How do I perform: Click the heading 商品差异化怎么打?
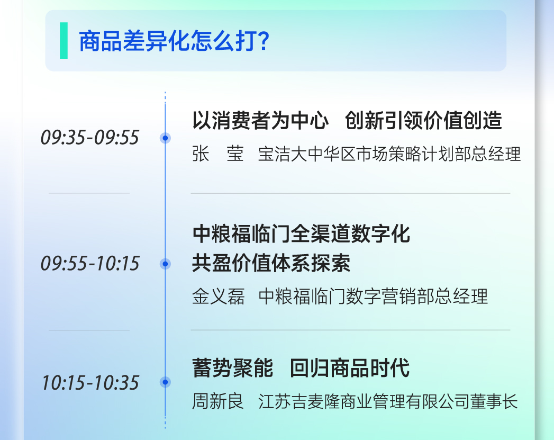point(174,41)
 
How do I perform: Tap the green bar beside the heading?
point(63,40)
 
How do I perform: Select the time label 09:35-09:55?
point(90,138)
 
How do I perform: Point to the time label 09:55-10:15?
point(90,263)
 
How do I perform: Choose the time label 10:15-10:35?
point(90,383)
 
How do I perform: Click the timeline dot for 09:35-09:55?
point(165,138)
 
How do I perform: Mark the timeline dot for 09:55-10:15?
point(165,264)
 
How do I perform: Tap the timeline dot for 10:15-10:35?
point(165,382)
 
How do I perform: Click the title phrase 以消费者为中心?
point(260,120)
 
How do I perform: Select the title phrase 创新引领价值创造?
point(423,120)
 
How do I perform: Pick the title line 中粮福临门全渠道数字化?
point(301,234)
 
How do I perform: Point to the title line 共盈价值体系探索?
point(271,263)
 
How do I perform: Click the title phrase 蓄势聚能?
point(232,368)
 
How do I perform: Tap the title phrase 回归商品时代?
point(350,368)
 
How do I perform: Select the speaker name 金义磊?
point(219,296)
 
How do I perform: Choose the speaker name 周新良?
point(218,401)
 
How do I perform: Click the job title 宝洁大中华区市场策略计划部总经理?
point(389,154)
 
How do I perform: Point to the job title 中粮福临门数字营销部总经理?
point(373,296)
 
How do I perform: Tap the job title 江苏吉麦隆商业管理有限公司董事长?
point(388,401)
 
